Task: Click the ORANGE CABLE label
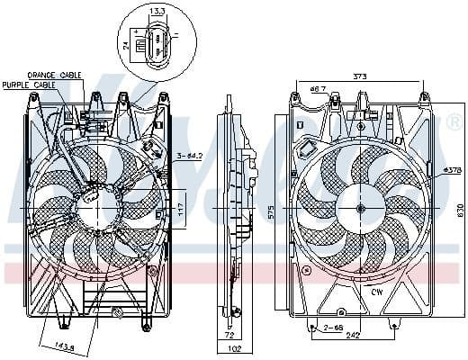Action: (x=55, y=76)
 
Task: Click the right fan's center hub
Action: (x=360, y=209)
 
